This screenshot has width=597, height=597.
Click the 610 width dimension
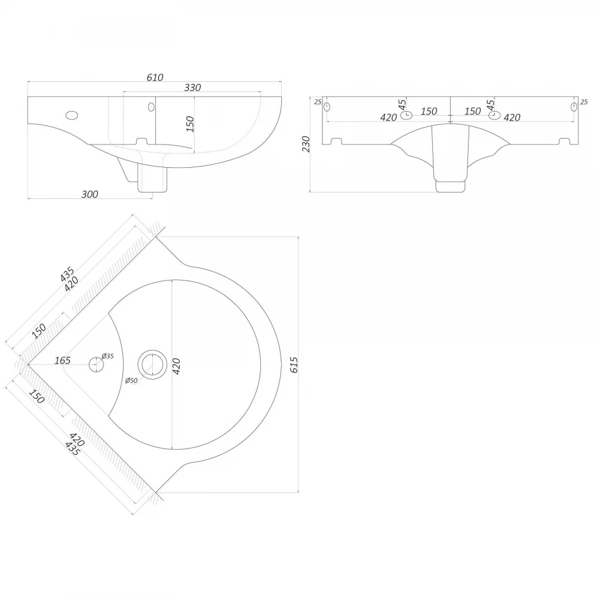[x=155, y=77]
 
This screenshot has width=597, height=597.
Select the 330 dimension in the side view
[x=193, y=88]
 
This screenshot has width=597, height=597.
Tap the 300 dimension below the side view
[x=90, y=194]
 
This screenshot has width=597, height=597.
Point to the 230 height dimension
[x=306, y=144]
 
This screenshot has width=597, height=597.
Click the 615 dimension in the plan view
[x=294, y=365]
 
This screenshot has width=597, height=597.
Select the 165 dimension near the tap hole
[x=63, y=360]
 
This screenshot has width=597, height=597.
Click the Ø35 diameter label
[x=107, y=356]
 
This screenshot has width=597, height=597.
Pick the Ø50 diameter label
[x=131, y=380]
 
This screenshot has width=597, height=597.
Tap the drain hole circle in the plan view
[x=152, y=365]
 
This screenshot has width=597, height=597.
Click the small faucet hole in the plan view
[x=96, y=365]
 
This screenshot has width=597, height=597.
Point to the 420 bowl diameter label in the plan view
[x=176, y=367]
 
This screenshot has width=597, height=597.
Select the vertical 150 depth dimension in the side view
[x=190, y=124]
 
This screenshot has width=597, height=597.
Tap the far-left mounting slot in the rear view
[x=327, y=107]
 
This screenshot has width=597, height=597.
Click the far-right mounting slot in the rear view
[x=574, y=107]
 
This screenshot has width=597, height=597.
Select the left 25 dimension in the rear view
[x=318, y=102]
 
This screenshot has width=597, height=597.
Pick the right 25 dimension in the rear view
[x=584, y=102]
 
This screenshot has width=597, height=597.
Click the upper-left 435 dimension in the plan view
[x=67, y=274]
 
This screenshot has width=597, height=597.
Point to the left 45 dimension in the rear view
[x=402, y=104]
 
